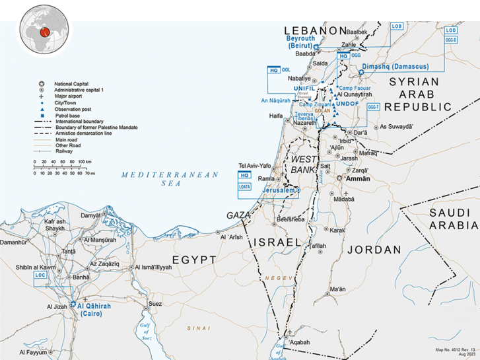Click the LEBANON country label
pyautogui.click(x=315, y=30)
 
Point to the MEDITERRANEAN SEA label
pyautogui.click(x=170, y=178)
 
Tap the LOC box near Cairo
pyautogui.click(x=40, y=273)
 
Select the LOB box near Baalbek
pyautogui.click(x=396, y=26)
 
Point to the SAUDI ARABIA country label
pyautogui.click(x=452, y=219)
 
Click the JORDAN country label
pyautogui.click(x=374, y=250)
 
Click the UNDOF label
pyautogui.click(x=347, y=104)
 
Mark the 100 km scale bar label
pyautogui.click(x=84, y=162)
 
